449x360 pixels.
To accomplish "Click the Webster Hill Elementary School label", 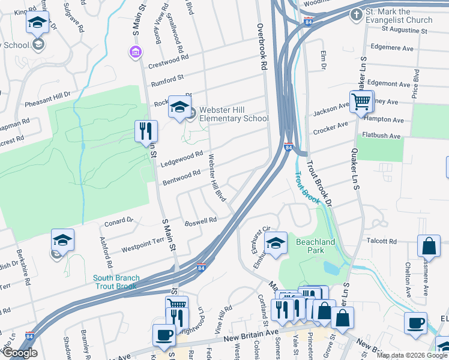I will click(234, 114).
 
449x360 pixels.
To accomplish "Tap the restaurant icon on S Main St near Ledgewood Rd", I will click(146, 131).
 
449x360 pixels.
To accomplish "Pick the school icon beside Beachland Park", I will click(276, 244).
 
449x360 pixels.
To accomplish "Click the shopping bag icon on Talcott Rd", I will click(430, 246).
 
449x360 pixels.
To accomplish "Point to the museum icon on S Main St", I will click(134, 53).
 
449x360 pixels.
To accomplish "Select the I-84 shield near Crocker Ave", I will click(289, 147).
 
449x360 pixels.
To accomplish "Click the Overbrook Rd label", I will click(261, 48).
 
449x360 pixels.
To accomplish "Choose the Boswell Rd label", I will click(200, 221).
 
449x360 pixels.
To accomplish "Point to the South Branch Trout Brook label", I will click(116, 282).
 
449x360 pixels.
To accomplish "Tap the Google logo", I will click(19, 353).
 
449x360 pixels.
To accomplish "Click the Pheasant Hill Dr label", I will click(47, 100).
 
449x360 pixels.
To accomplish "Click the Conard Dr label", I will click(118, 221).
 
